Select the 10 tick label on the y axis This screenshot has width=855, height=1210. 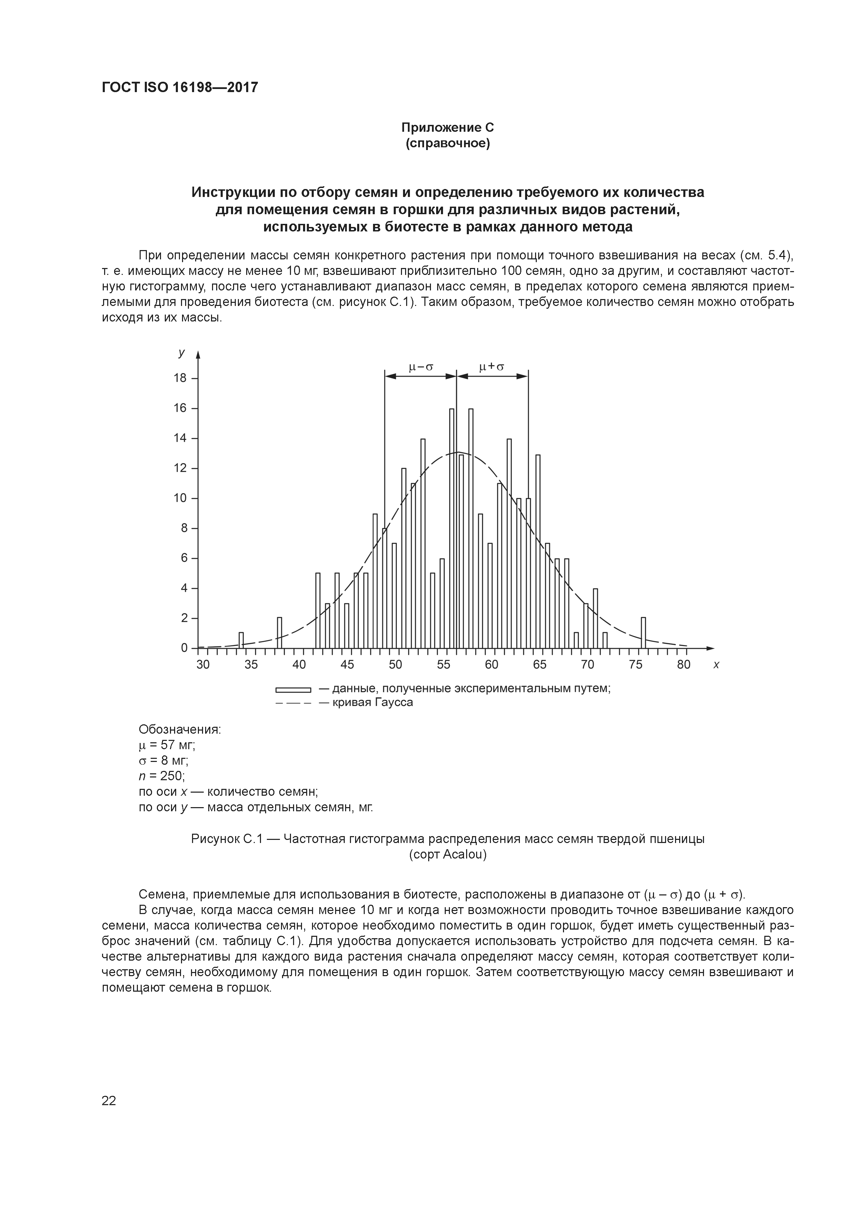pos(180,498)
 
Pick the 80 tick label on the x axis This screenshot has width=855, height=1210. pos(683,665)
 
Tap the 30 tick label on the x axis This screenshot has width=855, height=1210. pos(203,665)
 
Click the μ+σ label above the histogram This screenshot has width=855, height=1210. pos(492,366)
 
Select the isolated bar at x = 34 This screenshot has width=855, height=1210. pos(241,640)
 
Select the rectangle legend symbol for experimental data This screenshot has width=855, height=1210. pos(293,689)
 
